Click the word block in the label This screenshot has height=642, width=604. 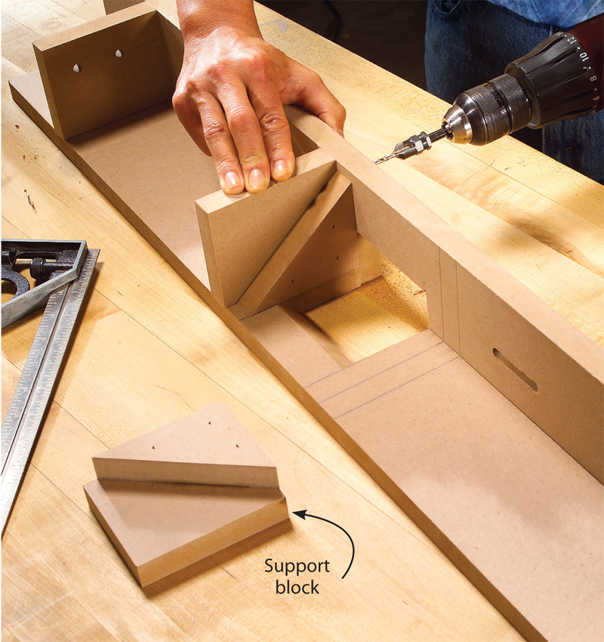[x=297, y=587]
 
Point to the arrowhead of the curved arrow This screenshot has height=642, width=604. [x=298, y=514]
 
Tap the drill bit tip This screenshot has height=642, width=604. [x=377, y=162]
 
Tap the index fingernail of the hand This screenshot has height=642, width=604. [x=232, y=181]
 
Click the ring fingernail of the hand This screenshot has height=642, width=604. [x=280, y=168]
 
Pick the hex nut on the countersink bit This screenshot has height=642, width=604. [x=420, y=142]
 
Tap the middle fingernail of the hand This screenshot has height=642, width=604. [x=257, y=178]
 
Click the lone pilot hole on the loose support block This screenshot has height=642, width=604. [x=210, y=423]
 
